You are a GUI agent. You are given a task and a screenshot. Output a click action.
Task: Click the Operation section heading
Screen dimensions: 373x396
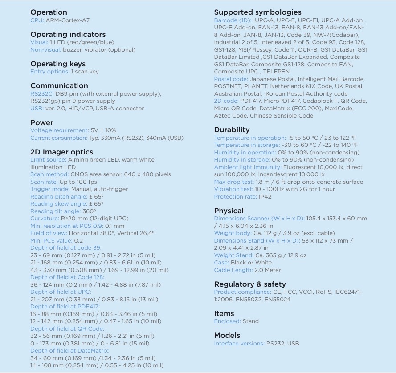coord(49,12)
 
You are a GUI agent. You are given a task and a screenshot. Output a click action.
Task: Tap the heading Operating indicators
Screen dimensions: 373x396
coord(68,35)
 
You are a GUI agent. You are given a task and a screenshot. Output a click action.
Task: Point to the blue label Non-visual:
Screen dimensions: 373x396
coord(45,49)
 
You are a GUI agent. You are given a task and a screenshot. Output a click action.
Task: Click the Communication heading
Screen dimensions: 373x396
coord(59,86)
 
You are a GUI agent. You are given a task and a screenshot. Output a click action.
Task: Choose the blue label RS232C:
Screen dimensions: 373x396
coord(42,93)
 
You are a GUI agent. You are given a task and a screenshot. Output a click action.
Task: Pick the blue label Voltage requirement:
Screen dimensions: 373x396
coord(59,130)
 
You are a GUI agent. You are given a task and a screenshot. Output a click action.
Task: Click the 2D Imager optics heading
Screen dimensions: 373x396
coord(61,152)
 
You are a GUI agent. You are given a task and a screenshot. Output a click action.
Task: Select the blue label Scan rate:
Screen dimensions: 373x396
coord(43,182)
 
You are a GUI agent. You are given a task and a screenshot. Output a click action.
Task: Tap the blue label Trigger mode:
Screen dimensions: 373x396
coord(49,189)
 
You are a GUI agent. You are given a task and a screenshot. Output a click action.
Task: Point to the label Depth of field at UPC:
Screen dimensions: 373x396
coord(61,292)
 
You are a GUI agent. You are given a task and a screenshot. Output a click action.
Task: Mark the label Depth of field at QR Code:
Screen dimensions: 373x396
coord(66,328)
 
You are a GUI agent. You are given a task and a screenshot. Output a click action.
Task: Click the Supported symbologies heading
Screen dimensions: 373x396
coord(257,12)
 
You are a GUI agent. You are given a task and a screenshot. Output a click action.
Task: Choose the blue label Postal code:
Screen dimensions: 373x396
coord(231,79)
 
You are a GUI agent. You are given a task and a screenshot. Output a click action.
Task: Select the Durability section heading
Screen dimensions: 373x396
coord(232,130)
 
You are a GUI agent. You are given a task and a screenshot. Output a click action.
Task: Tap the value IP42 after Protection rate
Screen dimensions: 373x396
coord(265,196)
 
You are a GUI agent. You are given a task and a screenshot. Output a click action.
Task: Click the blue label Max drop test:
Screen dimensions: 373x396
coord(234,182)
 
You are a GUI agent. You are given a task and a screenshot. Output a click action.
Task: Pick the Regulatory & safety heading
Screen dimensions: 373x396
coord(250,284)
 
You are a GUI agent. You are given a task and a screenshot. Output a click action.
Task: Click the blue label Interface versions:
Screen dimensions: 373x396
coord(239,343)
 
